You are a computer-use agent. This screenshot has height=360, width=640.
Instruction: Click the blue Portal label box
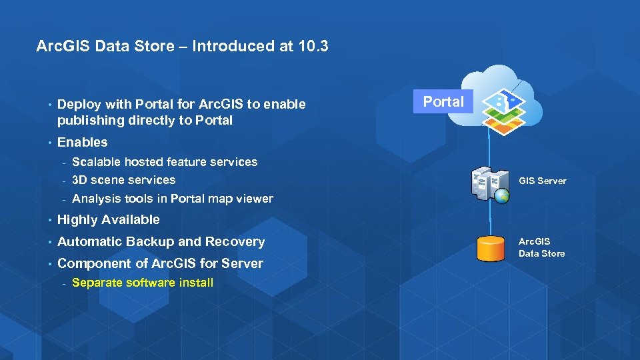[x=443, y=102]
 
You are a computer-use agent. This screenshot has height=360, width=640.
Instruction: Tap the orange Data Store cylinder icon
[x=491, y=248]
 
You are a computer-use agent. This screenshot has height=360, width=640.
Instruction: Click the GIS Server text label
[x=542, y=181]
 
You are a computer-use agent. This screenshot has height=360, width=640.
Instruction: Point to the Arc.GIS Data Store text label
[x=541, y=247]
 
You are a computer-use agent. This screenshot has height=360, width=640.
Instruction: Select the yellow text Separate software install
[x=142, y=283]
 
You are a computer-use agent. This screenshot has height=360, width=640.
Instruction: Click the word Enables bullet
[x=82, y=142]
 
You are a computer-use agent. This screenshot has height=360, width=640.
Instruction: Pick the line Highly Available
[x=109, y=220]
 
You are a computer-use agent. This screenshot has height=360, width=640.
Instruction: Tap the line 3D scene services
[x=123, y=180]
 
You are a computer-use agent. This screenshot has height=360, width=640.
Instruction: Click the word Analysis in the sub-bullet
[x=95, y=199]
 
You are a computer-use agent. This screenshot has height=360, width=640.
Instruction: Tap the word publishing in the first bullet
[x=88, y=121]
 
